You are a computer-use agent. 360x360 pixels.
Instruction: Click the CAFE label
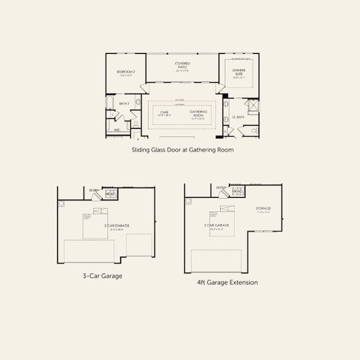[164, 113]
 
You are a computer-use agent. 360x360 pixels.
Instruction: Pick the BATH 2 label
[124, 104]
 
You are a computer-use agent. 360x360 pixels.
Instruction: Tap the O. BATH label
[237, 117]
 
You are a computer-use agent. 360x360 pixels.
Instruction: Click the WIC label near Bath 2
[118, 128]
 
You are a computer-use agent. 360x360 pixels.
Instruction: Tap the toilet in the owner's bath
[254, 130]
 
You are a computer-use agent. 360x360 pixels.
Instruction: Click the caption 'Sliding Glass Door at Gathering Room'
[182, 150]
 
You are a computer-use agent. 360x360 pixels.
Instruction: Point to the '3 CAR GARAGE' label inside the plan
[118, 226]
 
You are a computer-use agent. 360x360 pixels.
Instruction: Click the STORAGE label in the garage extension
[263, 209]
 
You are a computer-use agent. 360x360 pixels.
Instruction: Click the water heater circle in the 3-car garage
[61, 203]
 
